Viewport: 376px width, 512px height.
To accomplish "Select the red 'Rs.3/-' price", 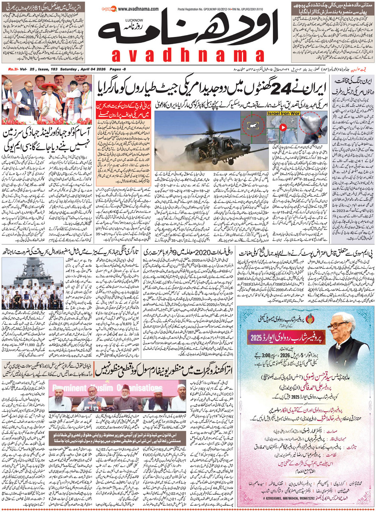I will [x=14, y=70].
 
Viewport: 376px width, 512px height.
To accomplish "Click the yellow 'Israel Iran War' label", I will [x=277, y=114].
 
